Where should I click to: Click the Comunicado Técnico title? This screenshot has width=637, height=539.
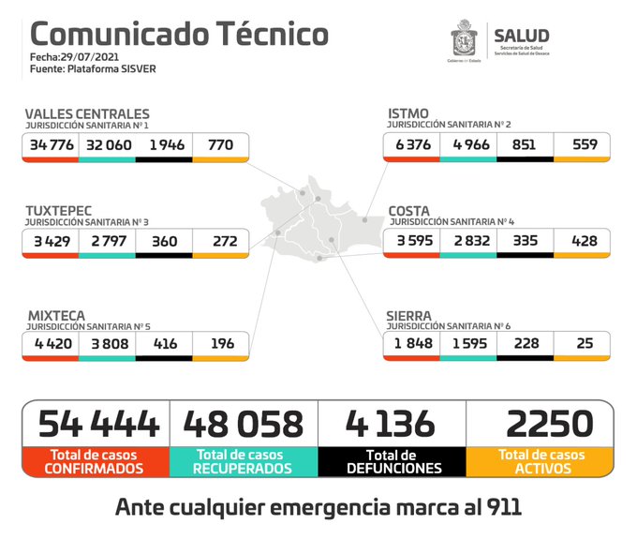(179, 35)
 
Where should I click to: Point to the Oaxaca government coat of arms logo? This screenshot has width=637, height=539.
(465, 42)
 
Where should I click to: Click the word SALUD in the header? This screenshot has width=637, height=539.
(522, 37)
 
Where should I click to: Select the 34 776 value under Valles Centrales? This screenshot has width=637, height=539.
(51, 145)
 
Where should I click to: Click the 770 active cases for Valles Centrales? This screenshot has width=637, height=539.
(220, 145)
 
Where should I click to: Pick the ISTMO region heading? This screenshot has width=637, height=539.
(408, 114)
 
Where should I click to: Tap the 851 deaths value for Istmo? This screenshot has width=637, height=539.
(524, 144)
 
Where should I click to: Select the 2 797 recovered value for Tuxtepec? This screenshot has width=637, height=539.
(107, 242)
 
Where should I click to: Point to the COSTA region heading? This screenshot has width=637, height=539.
(409, 212)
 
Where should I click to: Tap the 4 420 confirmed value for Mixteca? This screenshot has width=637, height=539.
(51, 344)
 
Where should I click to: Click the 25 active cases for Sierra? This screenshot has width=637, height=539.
(585, 344)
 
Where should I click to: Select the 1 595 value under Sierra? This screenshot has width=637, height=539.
(467, 344)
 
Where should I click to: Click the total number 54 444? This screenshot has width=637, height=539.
(97, 424)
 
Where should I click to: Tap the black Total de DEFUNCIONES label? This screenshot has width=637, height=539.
(392, 460)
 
